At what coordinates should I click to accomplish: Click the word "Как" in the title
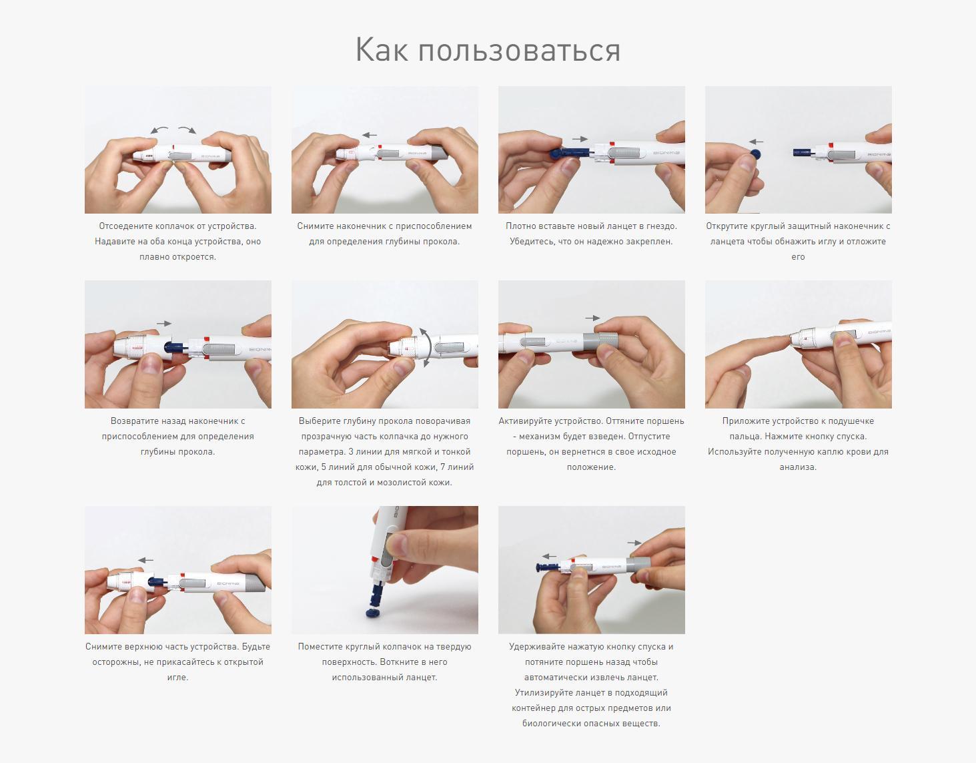382,49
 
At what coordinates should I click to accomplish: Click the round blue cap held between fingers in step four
755,155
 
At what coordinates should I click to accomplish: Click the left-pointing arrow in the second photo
369,135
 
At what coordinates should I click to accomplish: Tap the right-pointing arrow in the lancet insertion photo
580,140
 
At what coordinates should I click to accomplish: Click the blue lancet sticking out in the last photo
548,568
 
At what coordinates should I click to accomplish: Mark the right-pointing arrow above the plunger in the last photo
634,543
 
